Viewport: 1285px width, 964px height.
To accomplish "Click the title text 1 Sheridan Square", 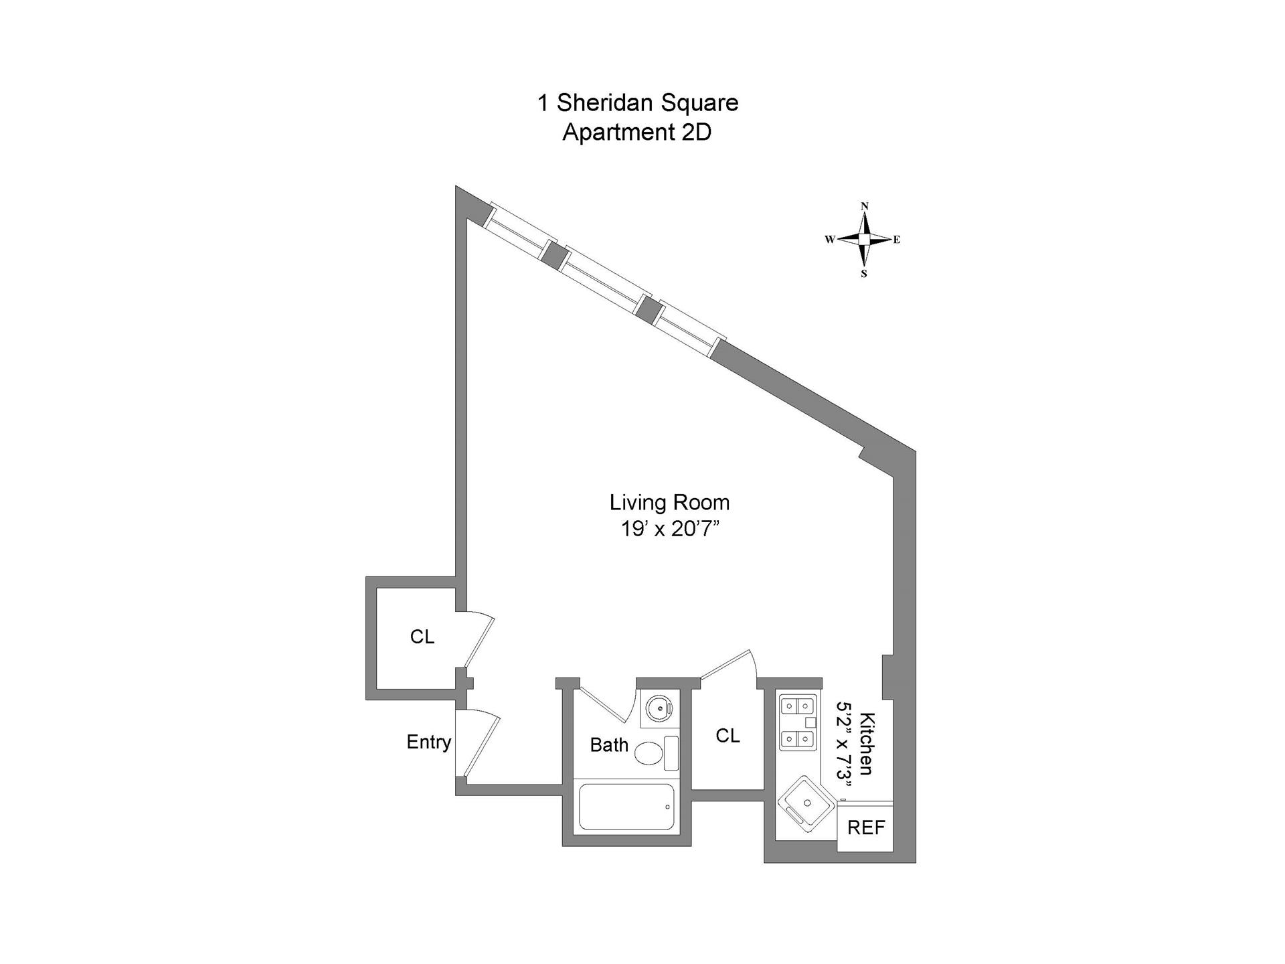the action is [x=638, y=103].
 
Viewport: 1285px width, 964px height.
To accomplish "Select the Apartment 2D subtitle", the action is [x=636, y=133].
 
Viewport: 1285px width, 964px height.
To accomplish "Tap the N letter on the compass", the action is [x=865, y=206].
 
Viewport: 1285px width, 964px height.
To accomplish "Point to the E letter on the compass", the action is [x=897, y=240].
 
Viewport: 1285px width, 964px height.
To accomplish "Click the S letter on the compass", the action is [x=864, y=274].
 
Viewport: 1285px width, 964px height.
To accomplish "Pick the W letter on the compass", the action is [x=830, y=240].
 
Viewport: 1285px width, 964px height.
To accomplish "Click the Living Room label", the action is [x=669, y=502].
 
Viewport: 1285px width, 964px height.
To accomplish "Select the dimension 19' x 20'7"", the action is [x=669, y=530].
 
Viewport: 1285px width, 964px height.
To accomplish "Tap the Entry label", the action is [x=429, y=742].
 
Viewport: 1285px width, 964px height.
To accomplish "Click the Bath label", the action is [x=609, y=745].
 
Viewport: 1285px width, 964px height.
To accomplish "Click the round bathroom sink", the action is [x=659, y=707].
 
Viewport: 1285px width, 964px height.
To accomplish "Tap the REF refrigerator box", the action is [x=866, y=827].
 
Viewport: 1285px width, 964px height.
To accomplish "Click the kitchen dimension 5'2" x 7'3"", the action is [x=846, y=740].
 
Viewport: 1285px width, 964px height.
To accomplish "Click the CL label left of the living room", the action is [x=422, y=637].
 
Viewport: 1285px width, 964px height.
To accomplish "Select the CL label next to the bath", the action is [x=727, y=736].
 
